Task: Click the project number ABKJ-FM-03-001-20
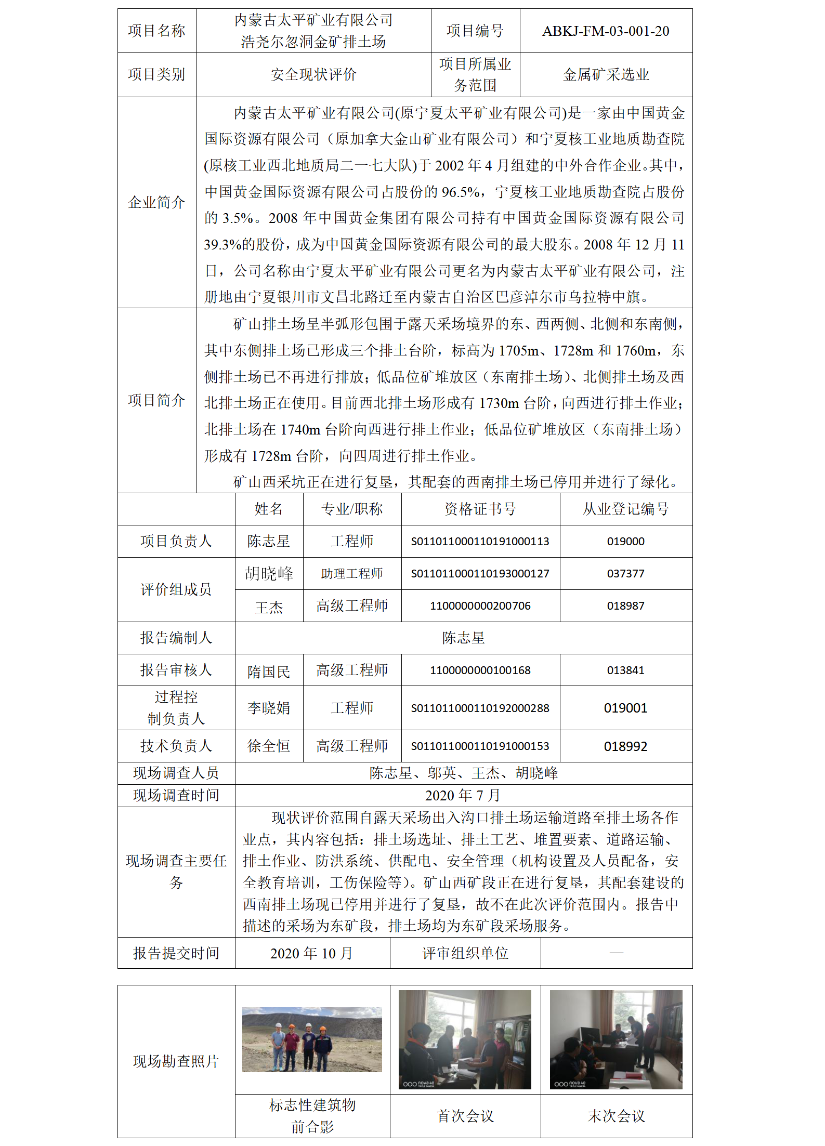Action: coord(606,31)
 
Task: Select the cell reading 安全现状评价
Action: coord(313,75)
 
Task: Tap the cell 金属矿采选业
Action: coord(606,75)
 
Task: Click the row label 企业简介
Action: coord(156,202)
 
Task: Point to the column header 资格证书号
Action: coord(480,509)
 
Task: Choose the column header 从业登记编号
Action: coord(625,509)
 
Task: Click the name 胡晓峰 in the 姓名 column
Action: coord(269,573)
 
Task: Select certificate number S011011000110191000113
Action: coord(480,542)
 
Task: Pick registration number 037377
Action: coord(625,574)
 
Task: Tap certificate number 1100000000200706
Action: coord(480,606)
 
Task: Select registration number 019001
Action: coord(625,708)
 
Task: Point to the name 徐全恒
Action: coord(269,746)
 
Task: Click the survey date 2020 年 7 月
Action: coord(463,795)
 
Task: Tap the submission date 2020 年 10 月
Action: coord(312,953)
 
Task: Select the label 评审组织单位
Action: coord(465,953)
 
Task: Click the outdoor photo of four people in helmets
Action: coord(312,1039)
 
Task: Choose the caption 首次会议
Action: coord(465,1116)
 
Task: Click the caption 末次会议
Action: coord(616,1116)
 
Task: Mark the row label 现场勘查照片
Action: coord(176,1061)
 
